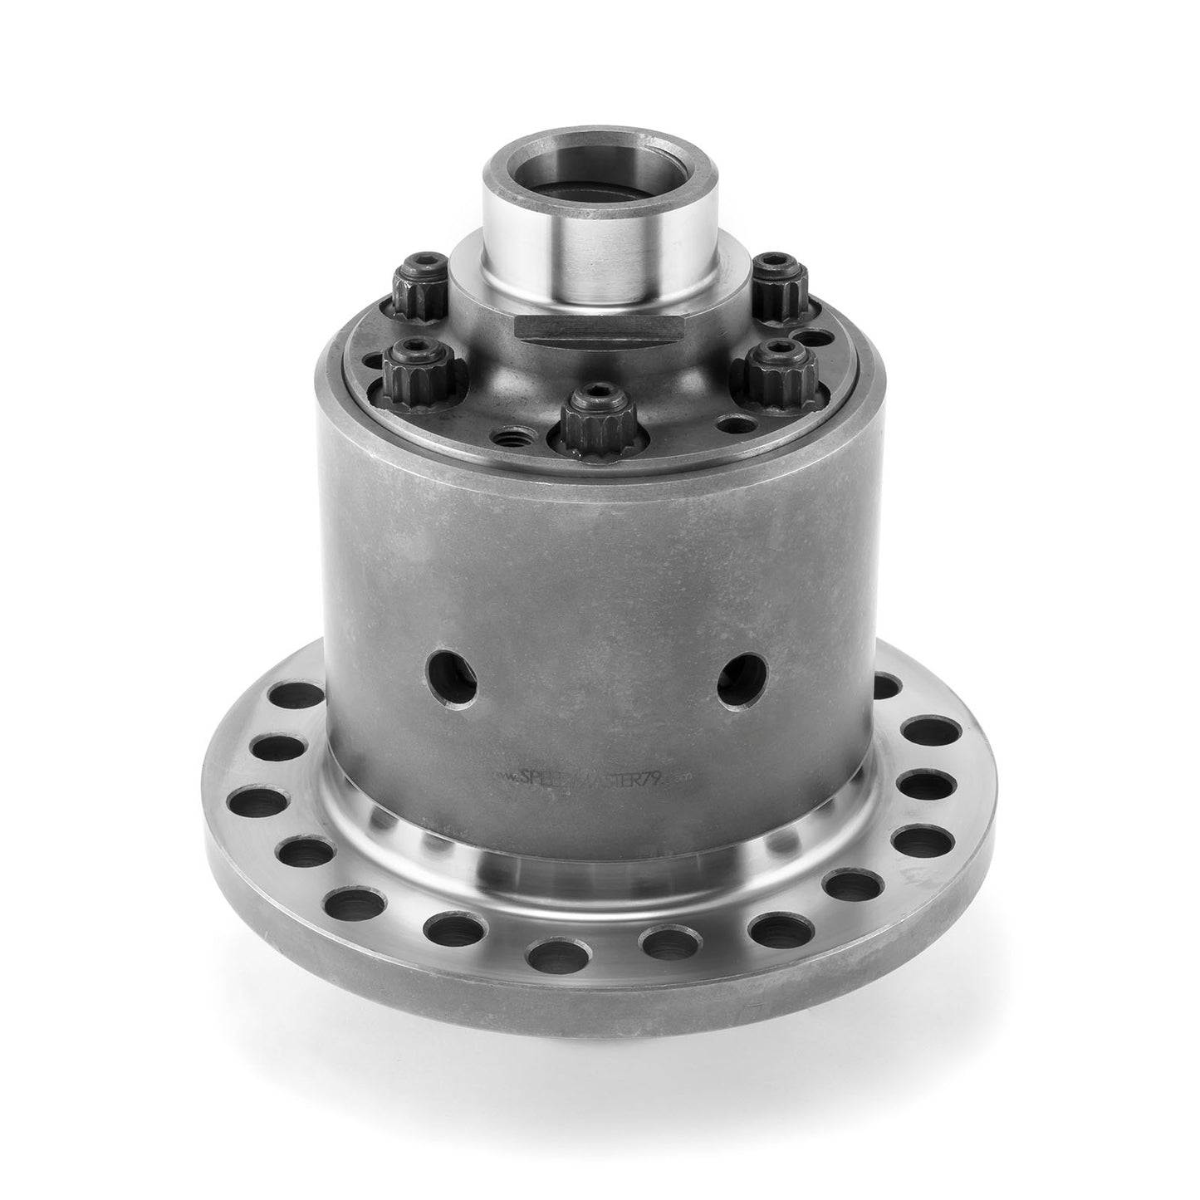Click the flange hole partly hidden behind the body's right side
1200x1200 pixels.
click(887, 687)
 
